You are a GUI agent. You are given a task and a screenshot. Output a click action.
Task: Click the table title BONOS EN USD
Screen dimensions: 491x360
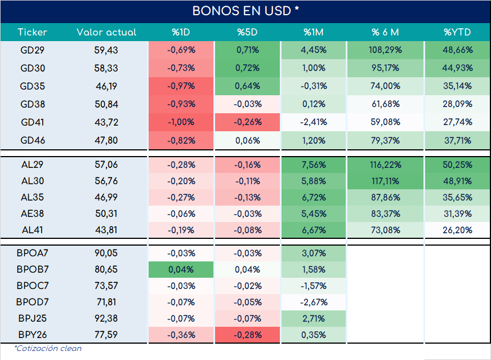245,11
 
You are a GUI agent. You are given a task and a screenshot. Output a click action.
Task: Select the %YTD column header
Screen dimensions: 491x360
457,32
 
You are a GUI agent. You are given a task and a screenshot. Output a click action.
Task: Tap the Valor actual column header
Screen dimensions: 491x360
106,32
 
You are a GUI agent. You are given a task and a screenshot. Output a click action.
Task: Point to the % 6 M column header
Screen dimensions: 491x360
385,32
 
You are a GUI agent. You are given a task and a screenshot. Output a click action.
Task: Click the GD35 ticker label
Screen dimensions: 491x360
33,86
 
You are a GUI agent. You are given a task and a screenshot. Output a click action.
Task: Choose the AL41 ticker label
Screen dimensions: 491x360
33,230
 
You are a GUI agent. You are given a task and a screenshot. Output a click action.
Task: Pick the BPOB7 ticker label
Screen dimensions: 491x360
33,269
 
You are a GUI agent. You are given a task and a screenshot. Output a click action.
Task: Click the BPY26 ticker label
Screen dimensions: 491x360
33,335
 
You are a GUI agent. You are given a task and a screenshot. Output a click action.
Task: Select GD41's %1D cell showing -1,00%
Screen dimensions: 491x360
181,122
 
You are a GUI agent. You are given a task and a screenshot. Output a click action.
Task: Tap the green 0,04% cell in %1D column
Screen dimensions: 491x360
181,269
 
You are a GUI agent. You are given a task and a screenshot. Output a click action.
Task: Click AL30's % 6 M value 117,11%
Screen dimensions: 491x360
385,181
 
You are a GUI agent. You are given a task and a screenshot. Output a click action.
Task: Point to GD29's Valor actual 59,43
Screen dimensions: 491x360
106,50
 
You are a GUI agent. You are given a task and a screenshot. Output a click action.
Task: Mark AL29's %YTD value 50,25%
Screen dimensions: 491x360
457,165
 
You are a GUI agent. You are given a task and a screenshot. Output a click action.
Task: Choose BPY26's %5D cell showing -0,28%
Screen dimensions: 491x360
247,335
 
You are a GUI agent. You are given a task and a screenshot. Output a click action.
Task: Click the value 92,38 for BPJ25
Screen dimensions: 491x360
106,318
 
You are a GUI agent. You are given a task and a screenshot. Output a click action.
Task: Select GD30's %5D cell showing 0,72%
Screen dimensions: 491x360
247,68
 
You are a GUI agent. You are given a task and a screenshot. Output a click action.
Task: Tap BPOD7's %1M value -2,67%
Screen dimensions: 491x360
314,302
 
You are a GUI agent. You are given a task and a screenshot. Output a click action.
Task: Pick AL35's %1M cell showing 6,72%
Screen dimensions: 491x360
314,197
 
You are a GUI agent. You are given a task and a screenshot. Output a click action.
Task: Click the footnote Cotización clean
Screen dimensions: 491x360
48,348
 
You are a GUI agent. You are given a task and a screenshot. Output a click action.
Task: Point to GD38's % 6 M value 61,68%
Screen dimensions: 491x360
385,104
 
